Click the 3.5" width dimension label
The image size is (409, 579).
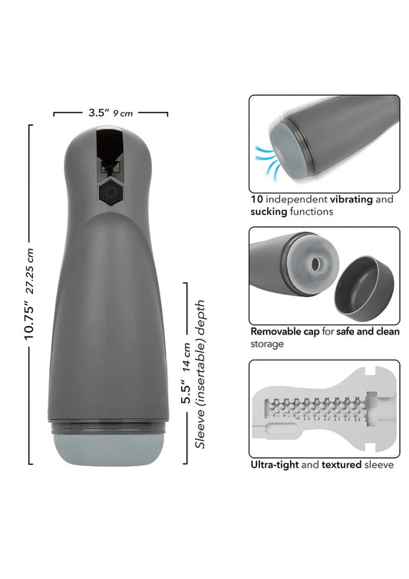coord(97,112)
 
